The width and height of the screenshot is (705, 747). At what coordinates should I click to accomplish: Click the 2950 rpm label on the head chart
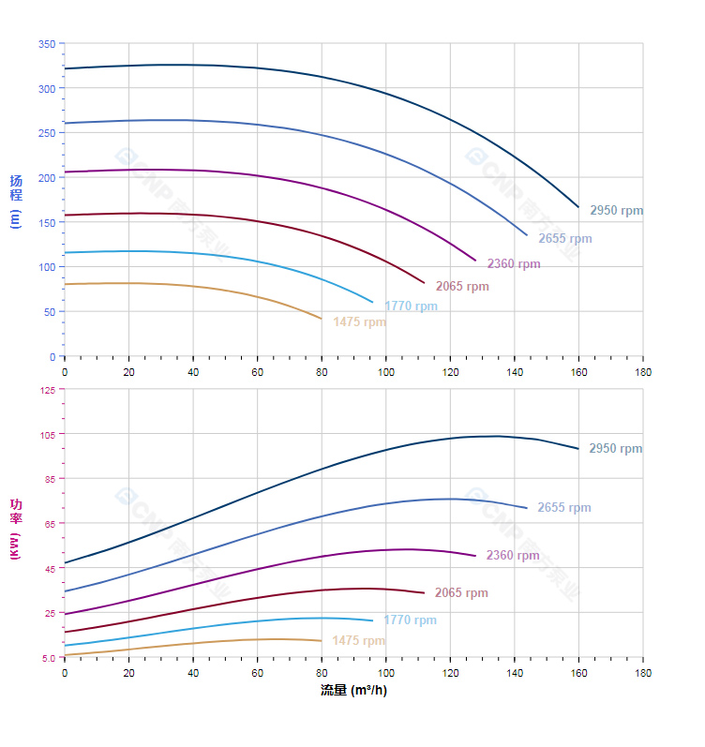pos(616,211)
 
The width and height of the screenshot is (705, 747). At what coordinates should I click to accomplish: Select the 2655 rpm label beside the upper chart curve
pos(564,239)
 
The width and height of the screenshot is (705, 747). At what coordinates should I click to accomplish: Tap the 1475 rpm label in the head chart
pos(359,322)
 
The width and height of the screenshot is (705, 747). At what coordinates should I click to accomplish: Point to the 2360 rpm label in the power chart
pos(513,556)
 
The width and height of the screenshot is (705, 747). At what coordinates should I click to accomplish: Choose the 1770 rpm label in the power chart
pos(410,620)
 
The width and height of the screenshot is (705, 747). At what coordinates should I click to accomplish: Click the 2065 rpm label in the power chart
pos(461,593)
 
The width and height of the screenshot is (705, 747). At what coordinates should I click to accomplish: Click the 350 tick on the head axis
pos(46,44)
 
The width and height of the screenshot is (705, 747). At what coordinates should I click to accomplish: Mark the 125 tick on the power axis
pos(46,390)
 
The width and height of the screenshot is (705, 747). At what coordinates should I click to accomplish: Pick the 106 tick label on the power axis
pos(46,434)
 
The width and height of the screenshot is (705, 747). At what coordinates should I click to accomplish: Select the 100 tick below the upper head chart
pos(385,372)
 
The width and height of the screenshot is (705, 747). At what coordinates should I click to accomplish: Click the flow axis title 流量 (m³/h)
pos(353,691)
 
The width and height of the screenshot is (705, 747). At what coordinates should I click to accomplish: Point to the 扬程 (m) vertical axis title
pos(15,201)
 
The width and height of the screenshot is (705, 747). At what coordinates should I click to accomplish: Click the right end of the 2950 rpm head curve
pos(578,206)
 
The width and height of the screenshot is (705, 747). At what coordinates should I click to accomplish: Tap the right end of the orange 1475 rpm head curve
pos(321,319)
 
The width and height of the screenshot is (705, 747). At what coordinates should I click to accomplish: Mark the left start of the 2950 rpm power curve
pos(65,562)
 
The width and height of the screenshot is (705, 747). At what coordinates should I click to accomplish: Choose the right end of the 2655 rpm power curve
pos(527,508)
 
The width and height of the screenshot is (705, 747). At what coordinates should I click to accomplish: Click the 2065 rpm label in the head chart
pos(462,287)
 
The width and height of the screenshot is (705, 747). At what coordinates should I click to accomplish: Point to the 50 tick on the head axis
pos(49,312)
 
